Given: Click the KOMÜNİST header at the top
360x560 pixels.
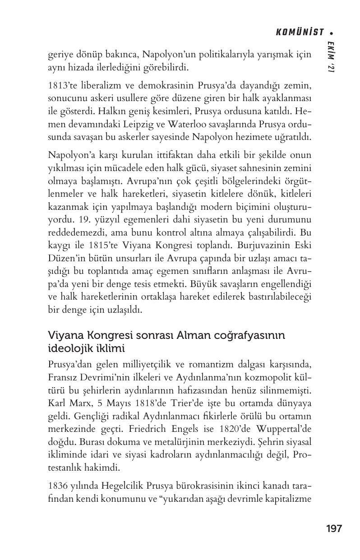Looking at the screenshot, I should click(300, 32).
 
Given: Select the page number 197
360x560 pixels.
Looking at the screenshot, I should click(334, 528).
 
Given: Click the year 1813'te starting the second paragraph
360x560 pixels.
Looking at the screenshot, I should click(62, 86).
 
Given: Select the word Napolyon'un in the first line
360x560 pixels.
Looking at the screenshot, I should click(165, 55).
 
